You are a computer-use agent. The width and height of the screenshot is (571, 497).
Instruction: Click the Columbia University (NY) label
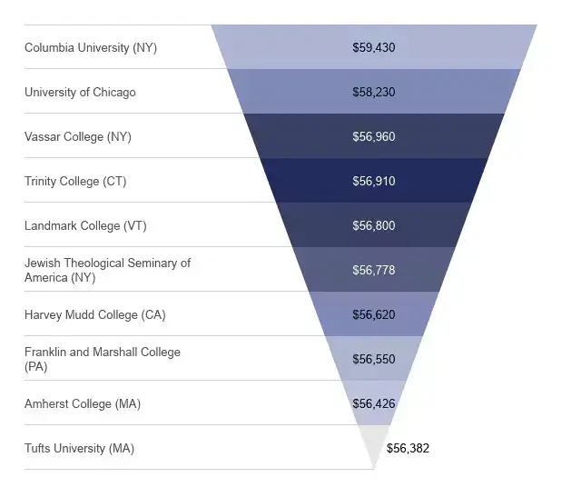91,47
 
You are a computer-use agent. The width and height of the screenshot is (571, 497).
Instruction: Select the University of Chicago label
80,92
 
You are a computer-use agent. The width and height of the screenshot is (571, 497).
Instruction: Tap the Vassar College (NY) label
78,136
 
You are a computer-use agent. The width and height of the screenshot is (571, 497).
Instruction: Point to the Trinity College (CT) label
75,181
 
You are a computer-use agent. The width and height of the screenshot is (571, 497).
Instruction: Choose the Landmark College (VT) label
82,225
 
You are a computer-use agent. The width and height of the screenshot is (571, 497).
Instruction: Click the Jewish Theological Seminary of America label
107,270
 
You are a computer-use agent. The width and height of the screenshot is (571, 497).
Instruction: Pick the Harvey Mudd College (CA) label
94,314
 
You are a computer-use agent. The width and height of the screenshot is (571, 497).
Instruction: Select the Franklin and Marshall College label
102,359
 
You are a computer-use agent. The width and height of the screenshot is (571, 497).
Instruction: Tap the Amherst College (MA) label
83,403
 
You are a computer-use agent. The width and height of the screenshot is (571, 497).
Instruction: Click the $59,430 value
374,47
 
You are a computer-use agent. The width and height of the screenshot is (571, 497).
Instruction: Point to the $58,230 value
374,92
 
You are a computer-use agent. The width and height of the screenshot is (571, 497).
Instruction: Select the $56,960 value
374,136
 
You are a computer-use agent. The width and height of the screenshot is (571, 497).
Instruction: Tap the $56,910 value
374,181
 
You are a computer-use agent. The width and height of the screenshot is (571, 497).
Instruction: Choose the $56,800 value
374,225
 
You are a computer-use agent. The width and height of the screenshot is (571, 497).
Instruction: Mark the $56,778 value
374,270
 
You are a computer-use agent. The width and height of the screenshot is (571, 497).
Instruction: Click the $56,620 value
374,314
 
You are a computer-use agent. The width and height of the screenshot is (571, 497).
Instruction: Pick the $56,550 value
374,359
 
